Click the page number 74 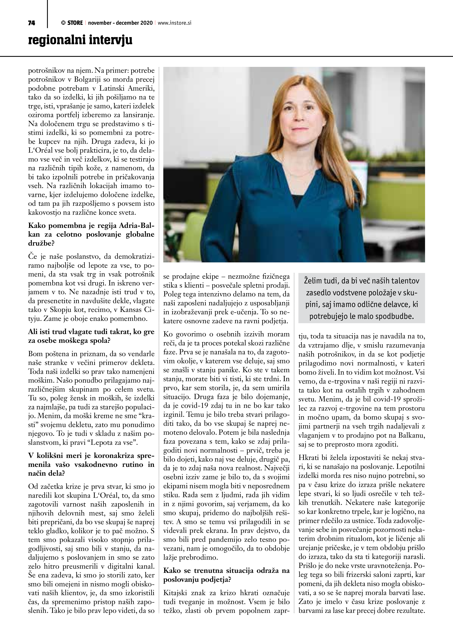click(x=32, y=23)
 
